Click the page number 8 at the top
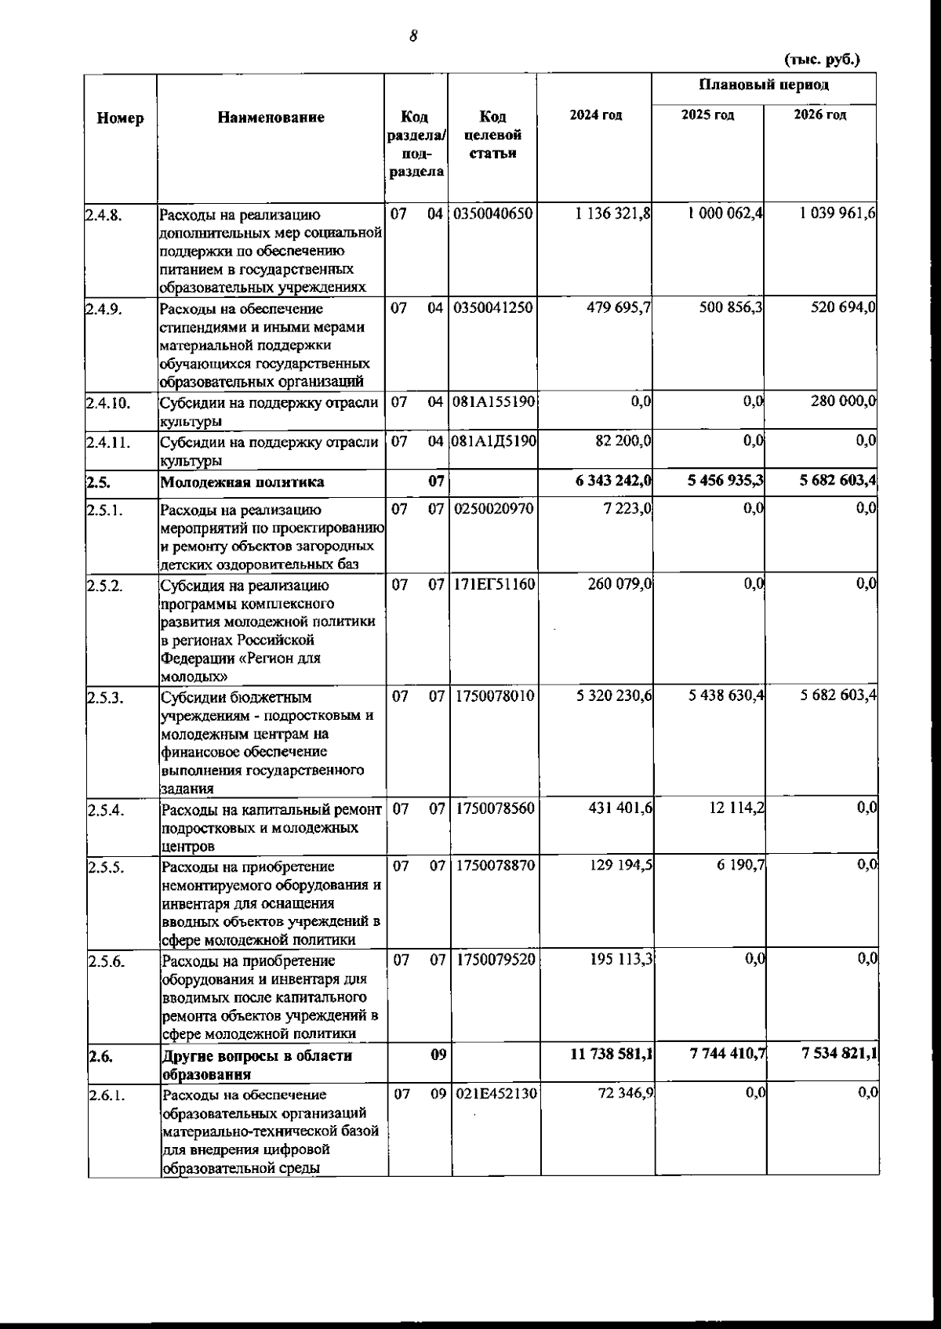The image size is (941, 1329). tap(412, 35)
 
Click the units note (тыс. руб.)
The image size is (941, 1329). tap(822, 60)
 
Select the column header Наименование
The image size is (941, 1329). tap(271, 118)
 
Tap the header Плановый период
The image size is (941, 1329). tap(764, 85)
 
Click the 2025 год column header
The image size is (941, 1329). tap(707, 115)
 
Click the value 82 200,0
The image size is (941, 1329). tap(623, 441)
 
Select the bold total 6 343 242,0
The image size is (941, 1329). tap(612, 481)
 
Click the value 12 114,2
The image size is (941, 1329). tap(736, 808)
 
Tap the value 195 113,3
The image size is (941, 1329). tap(620, 960)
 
